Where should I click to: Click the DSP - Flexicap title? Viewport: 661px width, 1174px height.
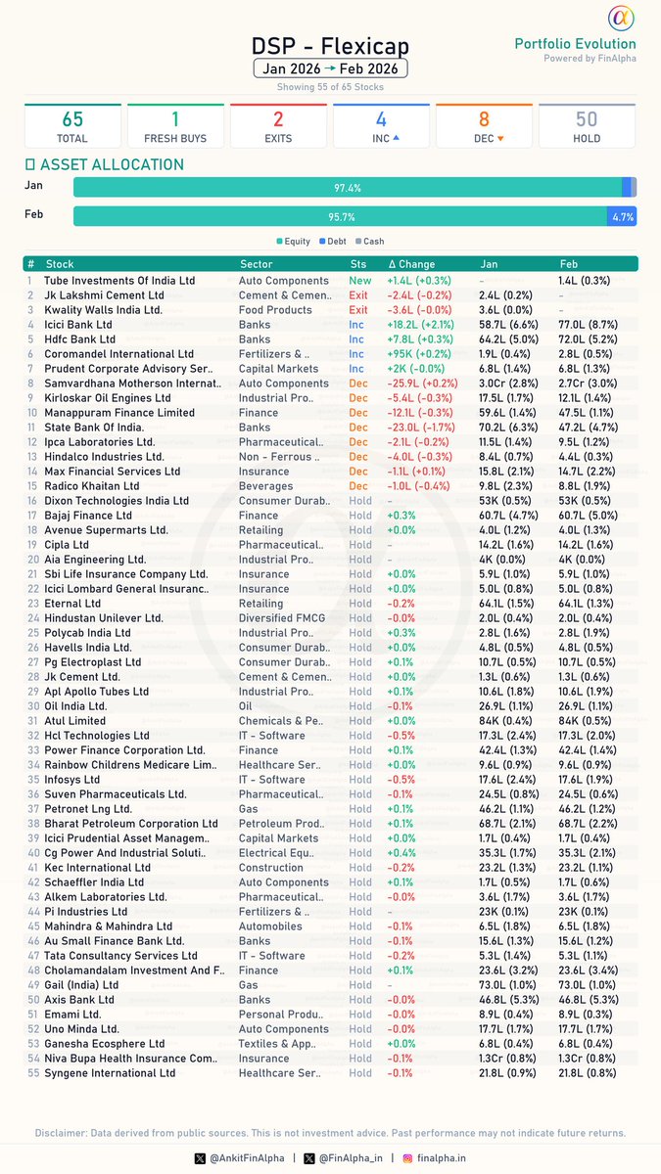330,46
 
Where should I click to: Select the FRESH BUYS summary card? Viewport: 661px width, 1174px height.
175,125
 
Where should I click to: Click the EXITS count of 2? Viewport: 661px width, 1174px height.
278,119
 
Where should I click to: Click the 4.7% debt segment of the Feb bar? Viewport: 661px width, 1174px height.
623,217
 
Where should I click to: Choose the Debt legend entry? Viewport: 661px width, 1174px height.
332,241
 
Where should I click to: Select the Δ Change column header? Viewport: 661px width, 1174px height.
411,264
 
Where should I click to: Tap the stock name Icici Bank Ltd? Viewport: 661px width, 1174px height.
78,325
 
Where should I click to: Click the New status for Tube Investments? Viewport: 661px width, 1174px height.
360,281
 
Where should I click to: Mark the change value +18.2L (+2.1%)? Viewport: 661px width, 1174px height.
420,325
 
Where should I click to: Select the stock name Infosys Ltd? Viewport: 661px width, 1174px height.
71,780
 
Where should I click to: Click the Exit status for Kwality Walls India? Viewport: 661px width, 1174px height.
359,310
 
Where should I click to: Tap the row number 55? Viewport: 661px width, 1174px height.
32,1073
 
